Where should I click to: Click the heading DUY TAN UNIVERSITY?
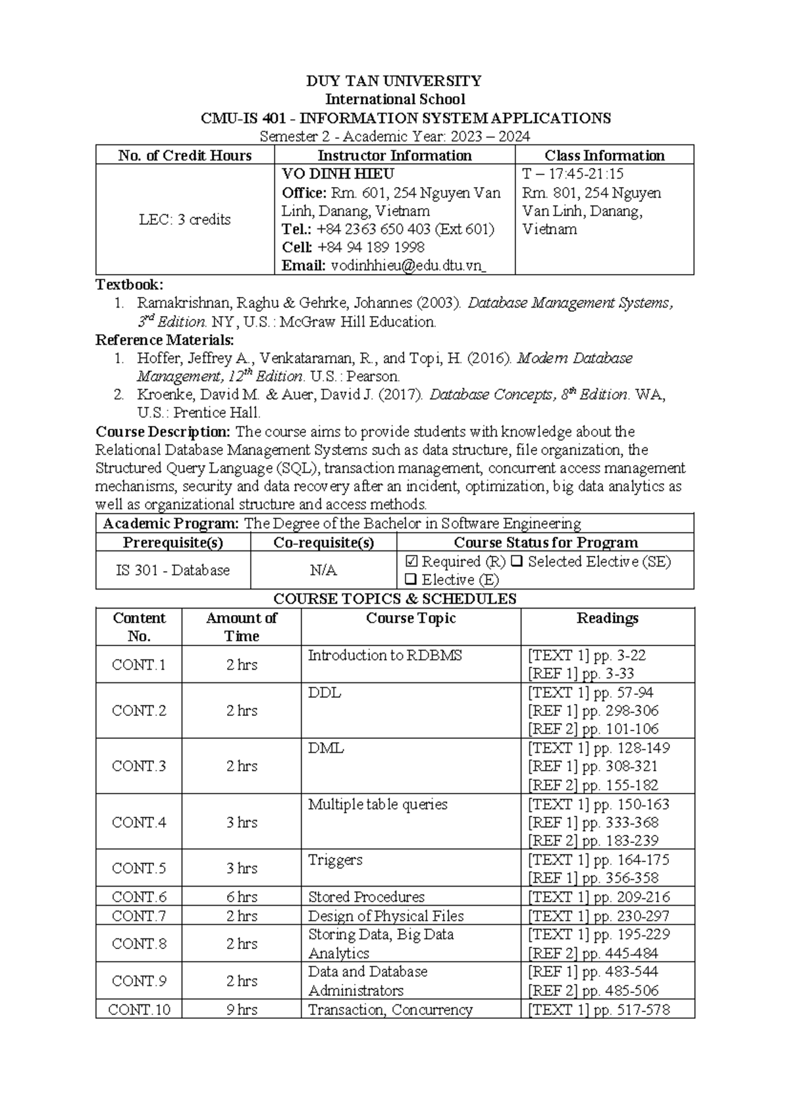394,81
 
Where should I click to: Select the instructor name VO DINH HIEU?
338,174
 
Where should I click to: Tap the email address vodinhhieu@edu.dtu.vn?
408,265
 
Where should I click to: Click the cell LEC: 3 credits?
184,219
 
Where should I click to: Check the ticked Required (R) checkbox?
412,562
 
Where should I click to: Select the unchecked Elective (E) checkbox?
411,580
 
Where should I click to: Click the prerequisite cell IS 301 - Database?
172,570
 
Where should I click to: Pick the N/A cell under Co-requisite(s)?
323,570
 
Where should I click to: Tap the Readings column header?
607,618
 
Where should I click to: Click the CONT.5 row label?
138,868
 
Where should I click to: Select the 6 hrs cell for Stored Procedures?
241,897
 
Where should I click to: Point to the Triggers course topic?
335,859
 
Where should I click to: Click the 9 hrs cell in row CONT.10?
241,1010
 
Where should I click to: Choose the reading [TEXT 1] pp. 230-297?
598,915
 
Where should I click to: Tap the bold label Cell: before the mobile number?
297,247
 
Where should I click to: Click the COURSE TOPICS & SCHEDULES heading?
394,599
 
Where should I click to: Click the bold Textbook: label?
129,285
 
